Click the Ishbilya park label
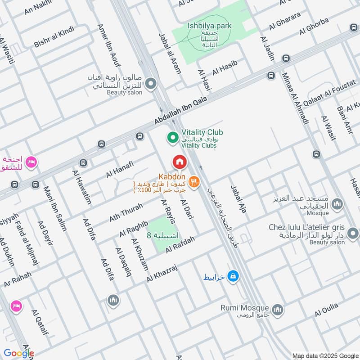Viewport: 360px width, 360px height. coord(209,26)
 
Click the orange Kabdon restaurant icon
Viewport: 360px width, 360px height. coord(194,181)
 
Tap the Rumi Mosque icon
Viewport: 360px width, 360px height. coord(278,310)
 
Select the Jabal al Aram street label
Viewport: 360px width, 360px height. coord(170,53)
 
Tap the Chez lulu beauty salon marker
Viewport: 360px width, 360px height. coord(354,233)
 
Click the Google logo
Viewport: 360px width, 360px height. coord(18,353)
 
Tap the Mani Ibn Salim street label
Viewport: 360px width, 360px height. coord(54,208)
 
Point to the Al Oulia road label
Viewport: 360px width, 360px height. coord(326,310)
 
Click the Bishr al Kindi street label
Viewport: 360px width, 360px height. coord(54,37)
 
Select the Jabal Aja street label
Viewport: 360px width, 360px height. coord(239,199)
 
